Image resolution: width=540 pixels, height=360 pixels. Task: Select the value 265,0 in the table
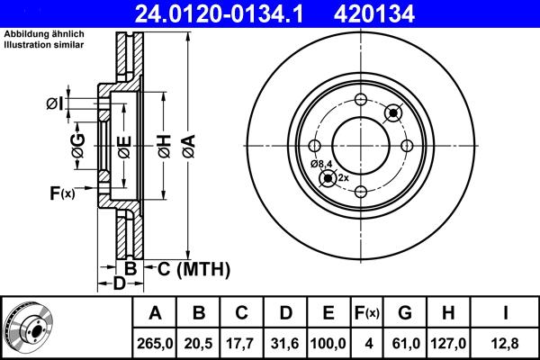click(x=155, y=343)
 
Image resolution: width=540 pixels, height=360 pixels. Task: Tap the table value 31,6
click(x=286, y=343)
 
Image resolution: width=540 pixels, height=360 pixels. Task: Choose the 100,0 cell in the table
click(x=329, y=343)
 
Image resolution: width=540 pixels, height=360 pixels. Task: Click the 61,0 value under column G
click(x=405, y=343)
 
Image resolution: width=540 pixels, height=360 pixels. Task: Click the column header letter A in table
click(x=155, y=314)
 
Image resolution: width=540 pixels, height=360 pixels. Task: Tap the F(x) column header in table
click(x=368, y=314)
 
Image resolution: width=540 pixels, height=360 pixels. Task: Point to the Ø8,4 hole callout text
click(x=321, y=163)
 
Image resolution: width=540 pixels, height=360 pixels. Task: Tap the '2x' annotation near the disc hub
click(x=343, y=178)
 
